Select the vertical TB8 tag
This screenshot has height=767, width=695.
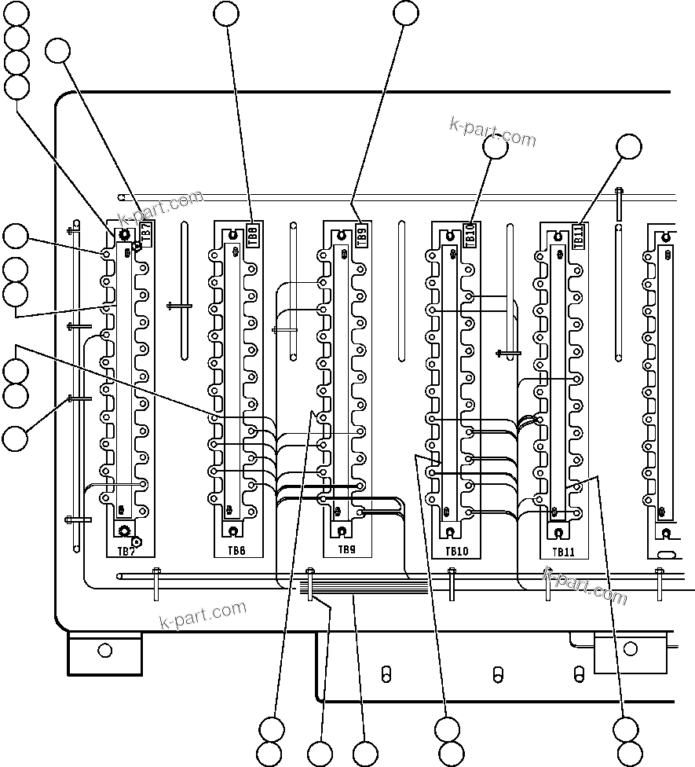(253, 233)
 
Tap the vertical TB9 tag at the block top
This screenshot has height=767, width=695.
(361, 234)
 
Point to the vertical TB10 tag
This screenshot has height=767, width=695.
(470, 235)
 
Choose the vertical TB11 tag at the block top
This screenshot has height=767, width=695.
(579, 235)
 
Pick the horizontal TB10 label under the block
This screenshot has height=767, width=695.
(456, 552)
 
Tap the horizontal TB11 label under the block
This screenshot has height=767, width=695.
(564, 552)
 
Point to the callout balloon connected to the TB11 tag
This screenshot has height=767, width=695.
(628, 146)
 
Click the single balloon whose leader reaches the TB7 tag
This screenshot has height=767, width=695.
(57, 51)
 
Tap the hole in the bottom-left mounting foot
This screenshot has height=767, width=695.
(104, 651)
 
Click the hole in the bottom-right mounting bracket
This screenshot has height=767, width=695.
(629, 648)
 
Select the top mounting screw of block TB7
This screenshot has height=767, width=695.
(123, 235)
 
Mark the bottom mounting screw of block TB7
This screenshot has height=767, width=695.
(123, 531)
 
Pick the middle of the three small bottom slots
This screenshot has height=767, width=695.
(496, 674)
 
